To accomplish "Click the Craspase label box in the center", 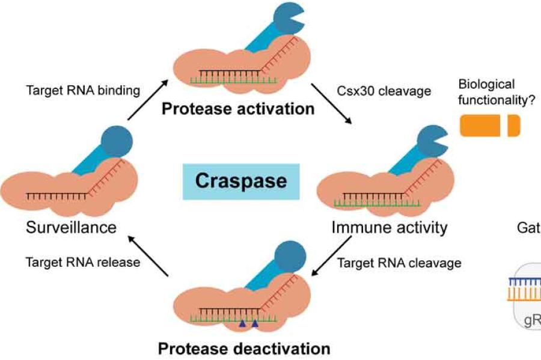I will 240,181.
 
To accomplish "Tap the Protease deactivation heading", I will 244,348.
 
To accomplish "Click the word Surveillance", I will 70,227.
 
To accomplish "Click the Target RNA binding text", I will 83,91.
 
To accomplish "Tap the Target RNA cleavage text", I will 399,263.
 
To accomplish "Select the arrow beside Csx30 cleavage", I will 332,105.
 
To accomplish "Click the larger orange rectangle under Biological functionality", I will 481,126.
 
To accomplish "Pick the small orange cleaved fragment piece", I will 513,126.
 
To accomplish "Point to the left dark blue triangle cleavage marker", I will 242,324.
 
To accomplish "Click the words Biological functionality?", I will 487,91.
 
